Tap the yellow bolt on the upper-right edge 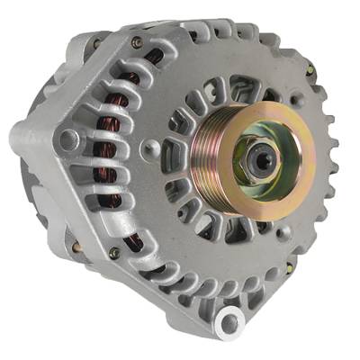click(x=309, y=69)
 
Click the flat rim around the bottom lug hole click(x=226, y=324)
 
